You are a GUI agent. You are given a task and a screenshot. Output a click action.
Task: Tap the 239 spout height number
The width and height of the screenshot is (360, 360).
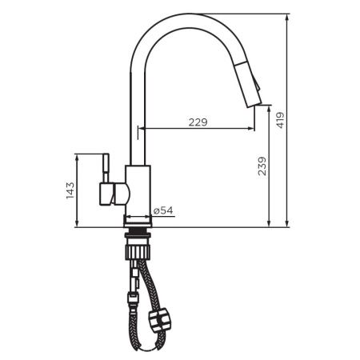point(262,166)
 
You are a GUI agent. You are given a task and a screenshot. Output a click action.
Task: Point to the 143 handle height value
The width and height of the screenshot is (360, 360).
point(70,190)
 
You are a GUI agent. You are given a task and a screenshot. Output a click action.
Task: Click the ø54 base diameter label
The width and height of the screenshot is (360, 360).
point(163,210)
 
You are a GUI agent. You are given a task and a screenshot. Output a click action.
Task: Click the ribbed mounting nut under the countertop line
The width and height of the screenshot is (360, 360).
point(138,237)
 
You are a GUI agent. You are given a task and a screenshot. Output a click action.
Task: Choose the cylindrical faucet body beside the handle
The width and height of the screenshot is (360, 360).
point(138,190)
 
